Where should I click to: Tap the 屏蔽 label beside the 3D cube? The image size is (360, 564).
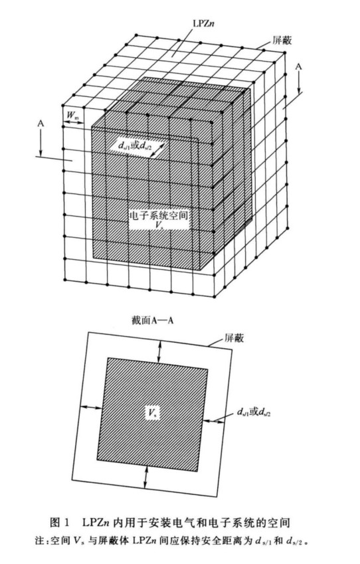(x=282, y=41)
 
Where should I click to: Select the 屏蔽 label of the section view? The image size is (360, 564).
(x=234, y=337)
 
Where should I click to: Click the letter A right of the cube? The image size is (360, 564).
(x=298, y=67)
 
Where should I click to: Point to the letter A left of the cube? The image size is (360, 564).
(x=41, y=124)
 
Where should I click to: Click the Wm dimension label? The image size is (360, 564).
(x=73, y=115)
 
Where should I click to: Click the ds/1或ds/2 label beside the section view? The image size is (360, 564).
(x=254, y=412)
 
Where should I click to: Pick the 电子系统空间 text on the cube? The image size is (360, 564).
(x=159, y=215)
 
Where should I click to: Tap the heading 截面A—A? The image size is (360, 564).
(x=153, y=320)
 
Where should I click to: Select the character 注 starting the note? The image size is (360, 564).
(x=39, y=541)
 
